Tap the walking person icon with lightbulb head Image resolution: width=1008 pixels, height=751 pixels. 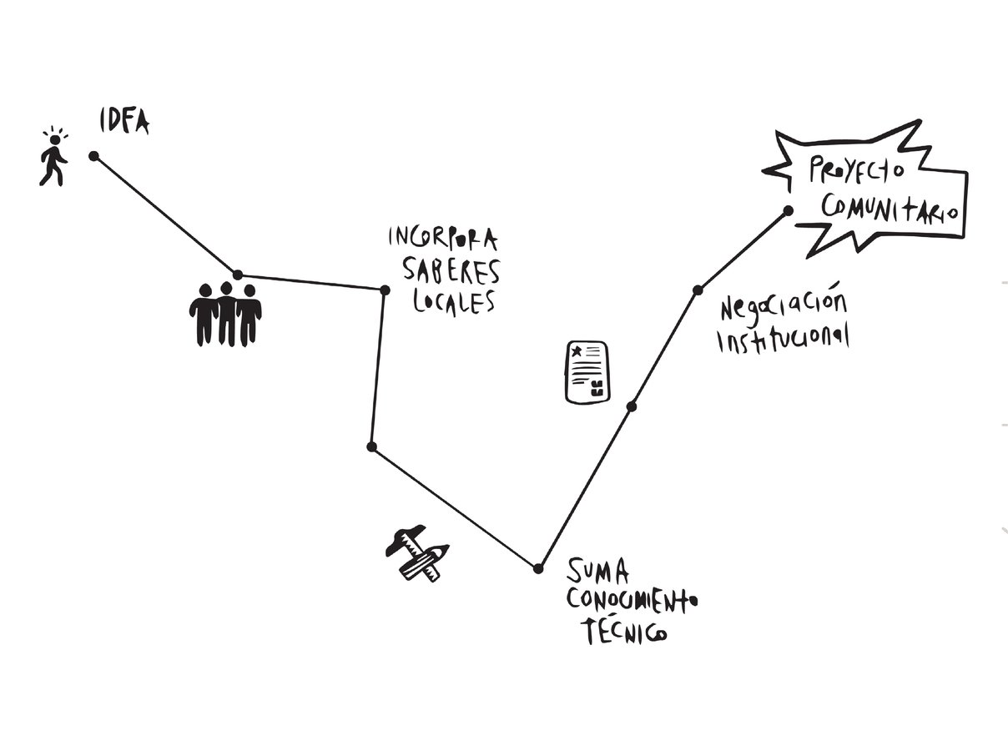pos(53,158)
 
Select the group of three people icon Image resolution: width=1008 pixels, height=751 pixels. pos(224,314)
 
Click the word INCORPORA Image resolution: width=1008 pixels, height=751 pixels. pos(442,239)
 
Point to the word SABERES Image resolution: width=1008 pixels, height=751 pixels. pos(451,270)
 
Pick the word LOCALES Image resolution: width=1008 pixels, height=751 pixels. pos(454,301)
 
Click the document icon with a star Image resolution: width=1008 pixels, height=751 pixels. pos(587,372)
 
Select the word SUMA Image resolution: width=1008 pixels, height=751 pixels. pos(597,572)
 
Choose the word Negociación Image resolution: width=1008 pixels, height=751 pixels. pos(783,306)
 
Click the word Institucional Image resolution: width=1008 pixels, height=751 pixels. pos(784,339)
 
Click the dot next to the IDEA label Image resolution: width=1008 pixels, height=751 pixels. pos(93,155)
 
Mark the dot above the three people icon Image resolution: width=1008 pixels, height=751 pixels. pos(238,275)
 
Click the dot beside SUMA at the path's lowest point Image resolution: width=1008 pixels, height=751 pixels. pos(538,568)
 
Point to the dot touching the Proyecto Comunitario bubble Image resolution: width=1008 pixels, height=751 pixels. pos(788,211)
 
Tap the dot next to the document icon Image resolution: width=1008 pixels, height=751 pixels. pos(632,406)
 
